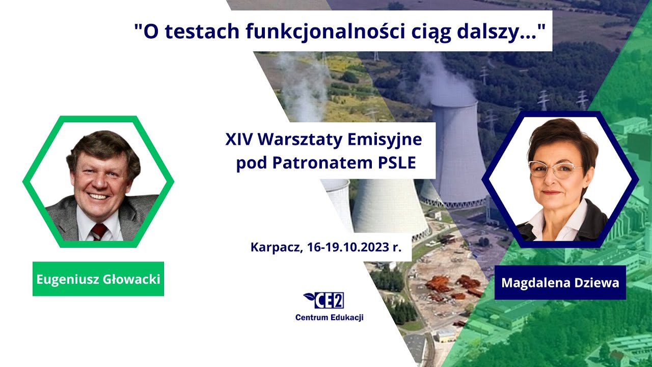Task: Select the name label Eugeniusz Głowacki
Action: click(x=98, y=279)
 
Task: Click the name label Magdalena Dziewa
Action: click(x=560, y=282)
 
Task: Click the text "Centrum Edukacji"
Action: click(x=329, y=318)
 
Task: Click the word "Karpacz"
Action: click(x=275, y=248)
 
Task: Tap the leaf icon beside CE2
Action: click(x=309, y=296)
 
